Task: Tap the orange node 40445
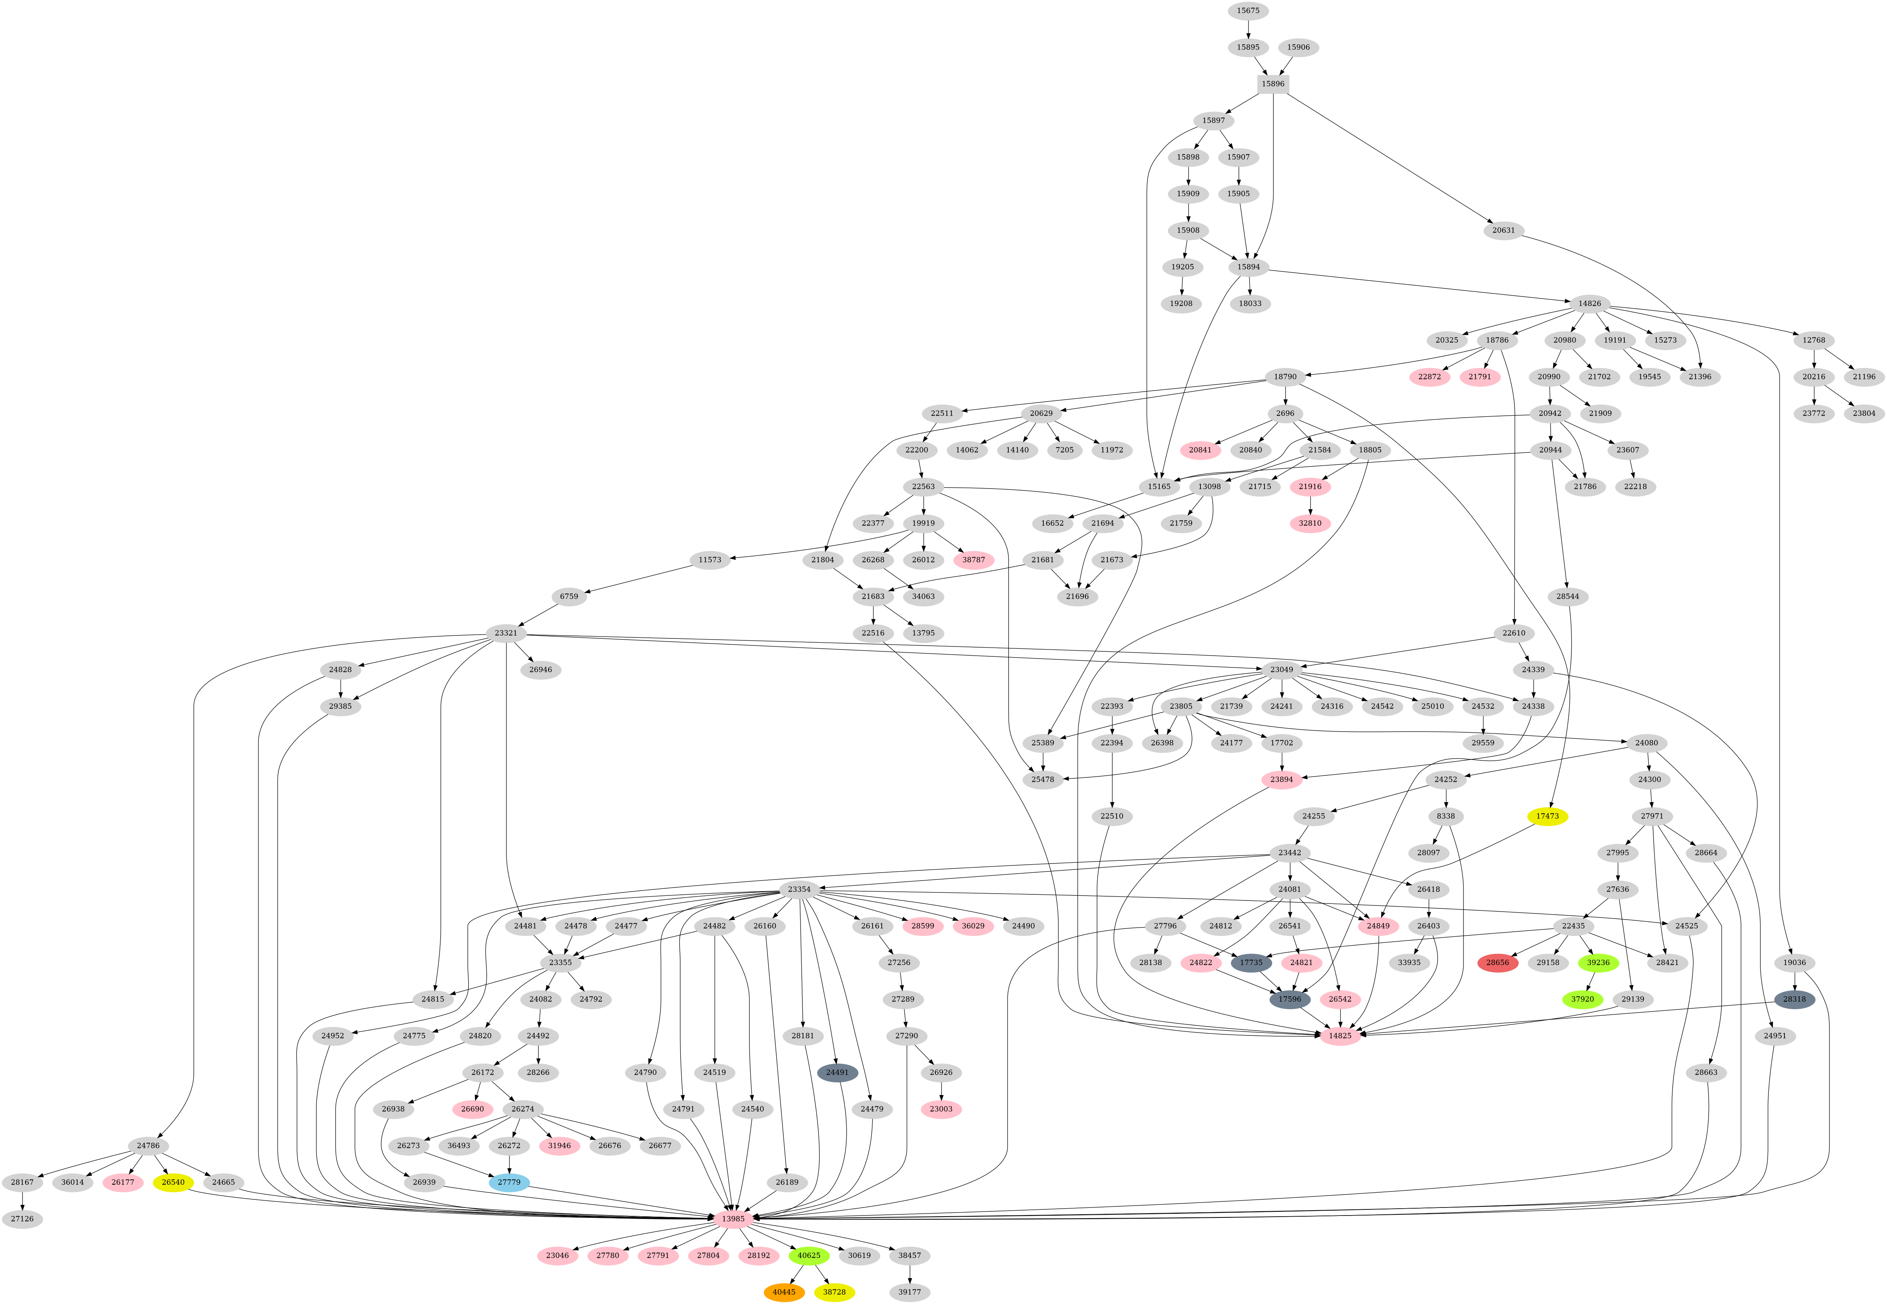click(784, 1292)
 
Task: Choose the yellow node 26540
click(173, 1182)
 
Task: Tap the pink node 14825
click(1340, 1036)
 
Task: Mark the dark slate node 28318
click(1795, 999)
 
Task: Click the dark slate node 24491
click(837, 1072)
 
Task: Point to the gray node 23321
click(511, 633)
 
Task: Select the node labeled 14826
click(1589, 303)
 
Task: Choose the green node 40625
click(809, 1255)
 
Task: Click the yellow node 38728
click(834, 1292)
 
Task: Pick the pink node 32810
click(1310, 523)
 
